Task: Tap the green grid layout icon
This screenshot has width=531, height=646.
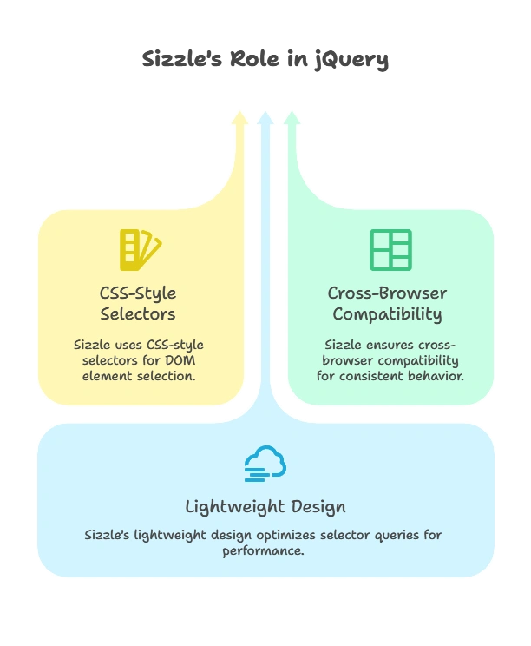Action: click(x=390, y=249)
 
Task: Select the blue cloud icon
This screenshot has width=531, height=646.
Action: click(x=265, y=465)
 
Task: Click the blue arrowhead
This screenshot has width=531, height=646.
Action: click(x=265, y=116)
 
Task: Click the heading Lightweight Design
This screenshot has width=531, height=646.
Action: click(x=265, y=506)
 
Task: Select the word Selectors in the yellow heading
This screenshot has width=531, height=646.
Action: click(x=138, y=313)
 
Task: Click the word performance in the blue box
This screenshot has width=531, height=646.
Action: click(x=264, y=550)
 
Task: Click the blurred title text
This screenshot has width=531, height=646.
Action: click(x=265, y=60)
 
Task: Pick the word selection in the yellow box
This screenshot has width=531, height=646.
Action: click(x=169, y=376)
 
